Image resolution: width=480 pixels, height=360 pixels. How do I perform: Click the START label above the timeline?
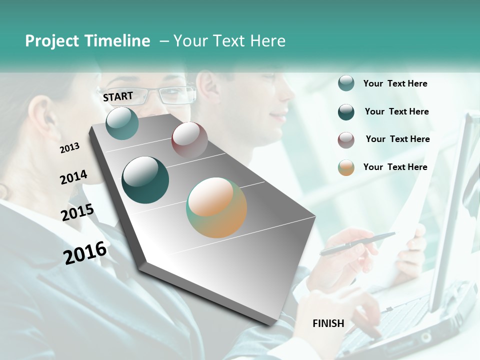pyautogui.click(x=118, y=96)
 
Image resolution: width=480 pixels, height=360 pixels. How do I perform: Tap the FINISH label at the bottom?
pyautogui.click(x=328, y=323)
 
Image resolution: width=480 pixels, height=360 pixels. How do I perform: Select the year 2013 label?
pyautogui.click(x=70, y=148)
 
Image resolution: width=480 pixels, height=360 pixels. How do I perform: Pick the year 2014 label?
pyautogui.click(x=73, y=177)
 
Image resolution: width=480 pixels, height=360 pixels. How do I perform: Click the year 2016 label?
pyautogui.click(x=85, y=252)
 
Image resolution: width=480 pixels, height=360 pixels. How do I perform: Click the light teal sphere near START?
pyautogui.click(x=122, y=123)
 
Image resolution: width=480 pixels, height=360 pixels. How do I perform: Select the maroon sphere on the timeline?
pyautogui.click(x=189, y=140)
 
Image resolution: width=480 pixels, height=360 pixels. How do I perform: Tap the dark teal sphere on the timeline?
pyautogui.click(x=145, y=180)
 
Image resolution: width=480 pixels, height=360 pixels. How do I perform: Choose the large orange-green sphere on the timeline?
pyautogui.click(x=216, y=207)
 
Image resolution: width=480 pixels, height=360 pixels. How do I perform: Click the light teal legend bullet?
pyautogui.click(x=346, y=83)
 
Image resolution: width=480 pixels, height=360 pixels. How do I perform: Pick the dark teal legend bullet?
pyautogui.click(x=346, y=112)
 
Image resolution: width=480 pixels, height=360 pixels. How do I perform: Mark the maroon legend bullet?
pyautogui.click(x=346, y=140)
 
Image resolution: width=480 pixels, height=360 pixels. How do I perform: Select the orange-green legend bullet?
pyautogui.click(x=346, y=167)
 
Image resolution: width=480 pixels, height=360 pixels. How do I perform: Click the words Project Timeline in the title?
pyautogui.click(x=87, y=41)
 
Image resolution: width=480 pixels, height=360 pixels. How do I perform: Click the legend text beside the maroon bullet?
pyautogui.click(x=397, y=139)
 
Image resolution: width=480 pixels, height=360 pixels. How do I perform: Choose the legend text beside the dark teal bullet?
pyautogui.click(x=396, y=111)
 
